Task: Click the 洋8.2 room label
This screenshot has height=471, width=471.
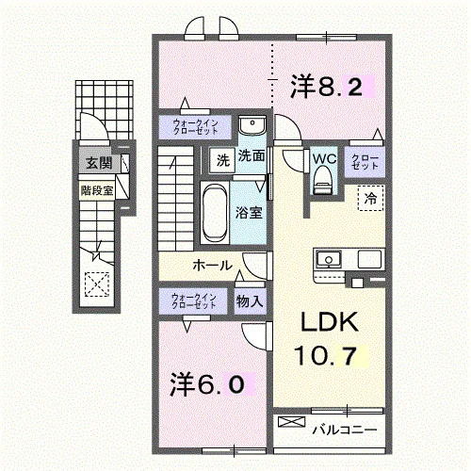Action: coord(327,86)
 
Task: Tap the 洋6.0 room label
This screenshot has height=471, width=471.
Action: coord(207,383)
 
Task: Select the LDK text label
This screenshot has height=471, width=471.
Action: coord(330,322)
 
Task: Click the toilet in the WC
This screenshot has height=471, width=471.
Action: coord(324,180)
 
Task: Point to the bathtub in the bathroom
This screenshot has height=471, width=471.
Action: coord(215,213)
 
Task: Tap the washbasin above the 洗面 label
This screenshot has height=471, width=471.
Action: coord(252,125)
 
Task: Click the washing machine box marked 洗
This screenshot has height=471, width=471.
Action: coord(222,160)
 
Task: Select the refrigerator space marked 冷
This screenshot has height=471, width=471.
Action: coord(370,198)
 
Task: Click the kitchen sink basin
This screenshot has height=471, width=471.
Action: coord(329,260)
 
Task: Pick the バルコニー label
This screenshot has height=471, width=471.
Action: coord(344,430)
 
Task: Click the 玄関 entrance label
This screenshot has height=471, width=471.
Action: coord(99,163)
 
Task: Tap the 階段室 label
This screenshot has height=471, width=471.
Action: coord(97,190)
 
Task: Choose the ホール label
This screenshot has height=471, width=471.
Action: coord(212,266)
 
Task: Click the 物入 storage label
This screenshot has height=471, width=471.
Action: coord(250,301)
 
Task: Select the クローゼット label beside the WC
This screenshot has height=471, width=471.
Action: coord(365,162)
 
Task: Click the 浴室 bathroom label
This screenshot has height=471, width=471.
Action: coord(249,213)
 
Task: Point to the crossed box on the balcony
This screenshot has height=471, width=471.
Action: coord(292,422)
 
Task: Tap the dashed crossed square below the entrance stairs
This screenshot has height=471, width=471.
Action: coord(97,284)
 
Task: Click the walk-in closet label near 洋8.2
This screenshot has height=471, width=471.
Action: coord(195,127)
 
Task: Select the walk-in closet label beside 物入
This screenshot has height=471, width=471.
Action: coord(194,301)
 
